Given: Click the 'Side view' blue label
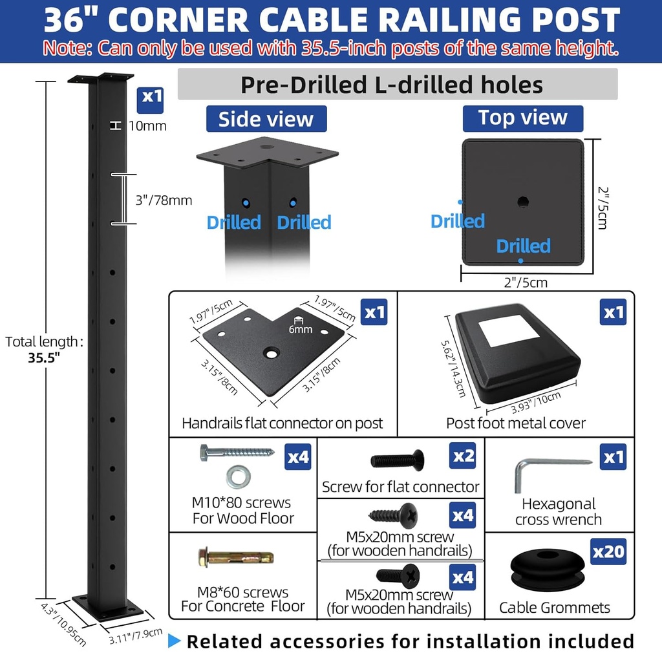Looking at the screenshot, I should [x=266, y=119].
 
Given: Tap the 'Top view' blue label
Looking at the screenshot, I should [x=522, y=118].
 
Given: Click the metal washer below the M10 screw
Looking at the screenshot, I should [x=238, y=476].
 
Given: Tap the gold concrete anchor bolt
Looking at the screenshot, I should [x=235, y=557].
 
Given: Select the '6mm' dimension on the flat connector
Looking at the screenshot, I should [x=301, y=329].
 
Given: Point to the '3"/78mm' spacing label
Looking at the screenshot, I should [x=164, y=200].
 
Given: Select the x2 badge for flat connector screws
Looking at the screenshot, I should [x=463, y=456].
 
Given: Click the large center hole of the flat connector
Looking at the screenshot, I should [x=271, y=353].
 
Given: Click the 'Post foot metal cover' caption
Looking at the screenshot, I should [x=515, y=423].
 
